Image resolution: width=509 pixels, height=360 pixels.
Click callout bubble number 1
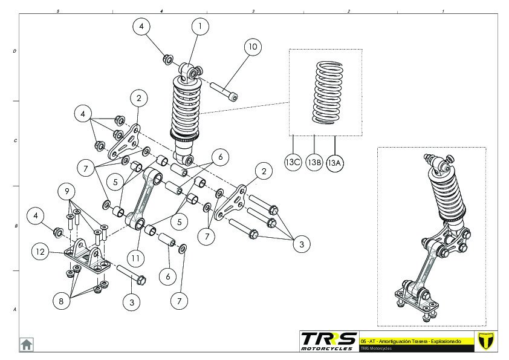(200, 27)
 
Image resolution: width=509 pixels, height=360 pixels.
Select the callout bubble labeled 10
(253, 47)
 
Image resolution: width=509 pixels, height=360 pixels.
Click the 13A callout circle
(334, 163)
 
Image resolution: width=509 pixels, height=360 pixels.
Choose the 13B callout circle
(314, 163)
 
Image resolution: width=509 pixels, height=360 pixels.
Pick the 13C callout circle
(293, 163)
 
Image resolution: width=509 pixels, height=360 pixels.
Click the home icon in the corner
(27, 344)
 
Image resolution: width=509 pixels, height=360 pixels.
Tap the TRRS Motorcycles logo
(328, 341)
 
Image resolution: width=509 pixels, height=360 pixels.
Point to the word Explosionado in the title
(444, 341)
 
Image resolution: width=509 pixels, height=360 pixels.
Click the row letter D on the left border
(15, 51)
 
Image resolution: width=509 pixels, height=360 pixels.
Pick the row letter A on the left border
(15, 310)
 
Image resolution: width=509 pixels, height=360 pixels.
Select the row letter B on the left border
(15, 226)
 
